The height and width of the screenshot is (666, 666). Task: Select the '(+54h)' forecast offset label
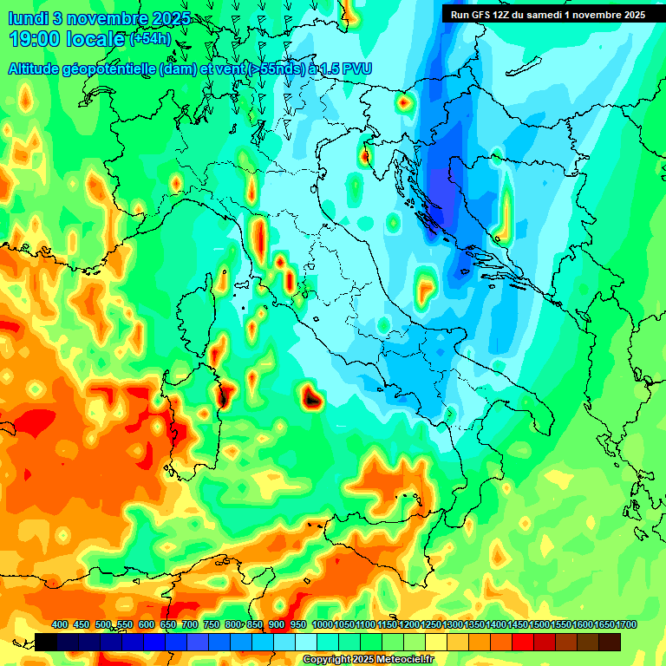[x=149, y=39]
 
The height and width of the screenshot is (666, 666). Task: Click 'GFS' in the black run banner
[x=481, y=14]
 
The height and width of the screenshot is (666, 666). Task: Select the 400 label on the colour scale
[x=60, y=624]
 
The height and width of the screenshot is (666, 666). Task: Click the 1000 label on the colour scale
[x=322, y=624]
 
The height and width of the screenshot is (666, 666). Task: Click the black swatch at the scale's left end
[x=46, y=642]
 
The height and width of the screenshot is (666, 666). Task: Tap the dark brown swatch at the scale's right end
[x=610, y=642]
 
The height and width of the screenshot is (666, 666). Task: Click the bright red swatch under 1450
[x=523, y=642]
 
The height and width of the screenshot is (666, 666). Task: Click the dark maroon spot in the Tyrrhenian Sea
[x=312, y=398]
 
